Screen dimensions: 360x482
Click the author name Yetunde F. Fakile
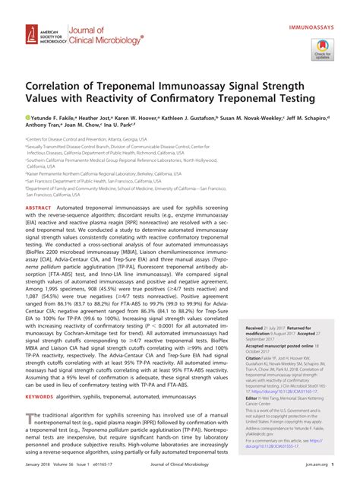tap(53, 119)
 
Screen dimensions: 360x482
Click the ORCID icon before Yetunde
tap(27, 119)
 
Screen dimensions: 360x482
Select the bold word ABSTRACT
tap(39, 208)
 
